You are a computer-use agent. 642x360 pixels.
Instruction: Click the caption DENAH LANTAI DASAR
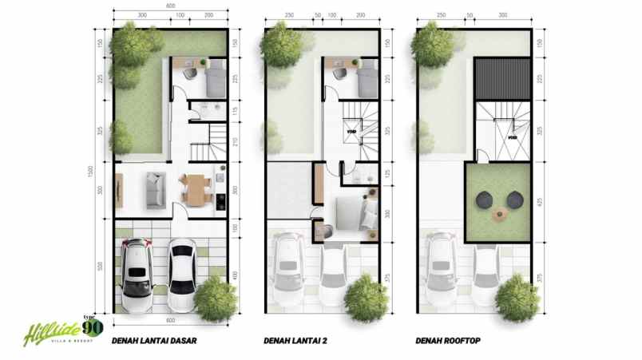point(154,341)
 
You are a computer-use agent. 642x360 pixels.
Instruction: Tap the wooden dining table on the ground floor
point(194,189)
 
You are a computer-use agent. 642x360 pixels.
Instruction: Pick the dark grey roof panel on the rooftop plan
point(503,78)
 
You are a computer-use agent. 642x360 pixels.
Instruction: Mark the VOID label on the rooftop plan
point(513,136)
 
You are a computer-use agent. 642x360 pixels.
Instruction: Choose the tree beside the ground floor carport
point(216,298)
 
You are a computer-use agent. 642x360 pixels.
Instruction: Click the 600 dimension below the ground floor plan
point(170,321)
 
